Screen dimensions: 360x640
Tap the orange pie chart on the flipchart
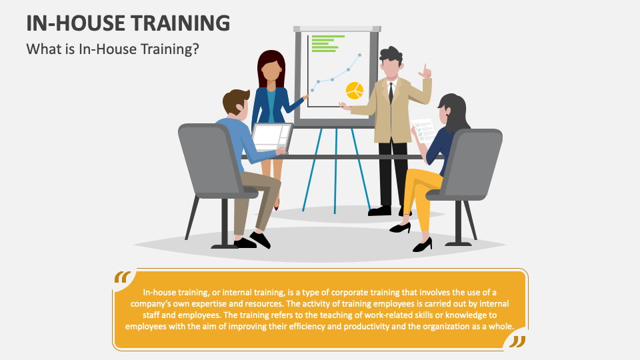tap(355, 90)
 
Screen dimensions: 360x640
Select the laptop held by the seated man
tap(271, 137)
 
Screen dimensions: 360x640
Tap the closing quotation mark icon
tap(517, 341)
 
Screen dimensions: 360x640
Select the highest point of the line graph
tap(360, 55)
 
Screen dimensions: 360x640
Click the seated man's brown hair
tap(235, 101)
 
